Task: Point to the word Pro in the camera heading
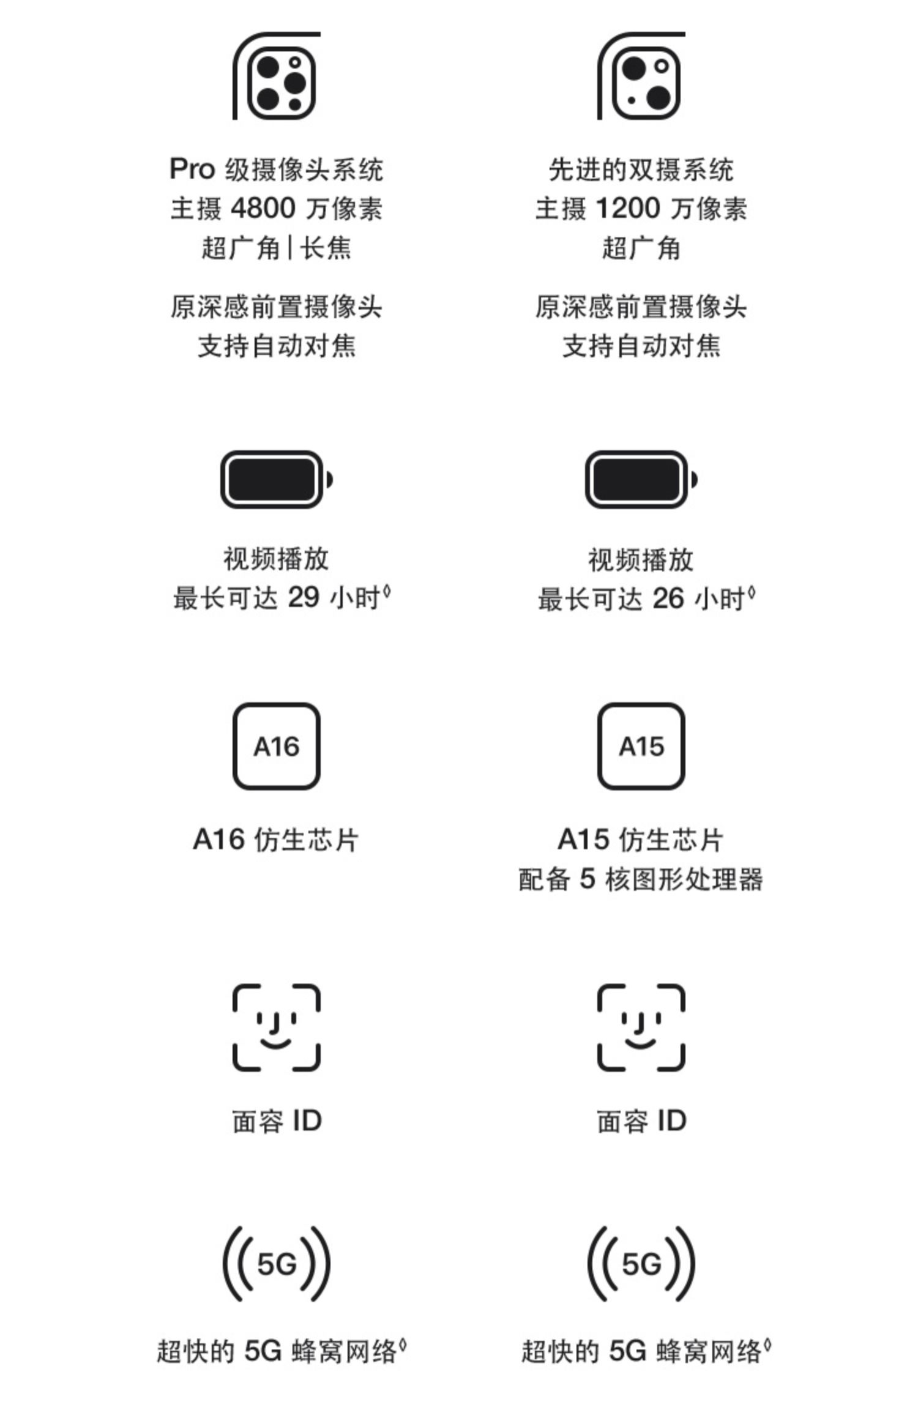coord(192,170)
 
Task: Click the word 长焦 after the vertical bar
coord(326,248)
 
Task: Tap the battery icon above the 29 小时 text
coord(276,479)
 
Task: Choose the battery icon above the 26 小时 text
coord(641,479)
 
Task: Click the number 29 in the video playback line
coord(304,597)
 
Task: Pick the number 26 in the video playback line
coord(668,598)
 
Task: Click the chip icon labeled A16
coord(277,746)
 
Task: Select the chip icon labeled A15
coord(641,746)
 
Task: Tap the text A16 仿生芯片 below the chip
coord(276,840)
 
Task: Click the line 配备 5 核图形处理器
coord(641,879)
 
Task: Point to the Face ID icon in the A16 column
coord(277,1028)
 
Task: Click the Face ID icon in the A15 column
coord(641,1028)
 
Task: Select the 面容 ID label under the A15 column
coord(641,1121)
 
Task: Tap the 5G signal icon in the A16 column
coord(277,1264)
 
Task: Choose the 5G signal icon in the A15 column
coord(641,1264)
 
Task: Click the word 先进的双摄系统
coord(641,170)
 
